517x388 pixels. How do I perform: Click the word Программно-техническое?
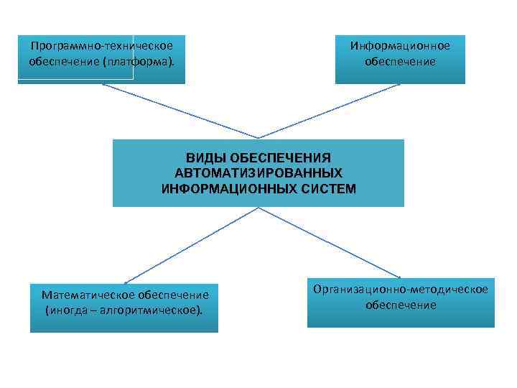click(101, 46)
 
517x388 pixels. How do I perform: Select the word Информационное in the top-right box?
click(400, 46)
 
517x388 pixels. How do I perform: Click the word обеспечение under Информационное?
click(400, 62)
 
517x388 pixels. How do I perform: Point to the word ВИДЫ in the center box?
click(203, 157)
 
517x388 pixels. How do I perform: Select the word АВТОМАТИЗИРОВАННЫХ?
click(258, 173)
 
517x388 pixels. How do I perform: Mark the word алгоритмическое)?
click(157, 310)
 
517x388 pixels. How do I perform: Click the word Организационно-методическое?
click(401, 289)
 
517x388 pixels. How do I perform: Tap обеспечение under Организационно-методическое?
click(401, 305)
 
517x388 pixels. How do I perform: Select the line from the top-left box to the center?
click(180, 111)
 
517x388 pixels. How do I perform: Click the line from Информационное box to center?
click(330, 111)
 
